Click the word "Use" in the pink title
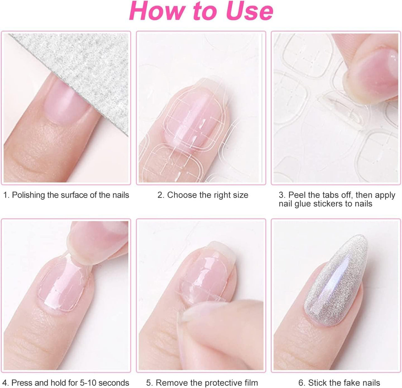pyautogui.click(x=250, y=11)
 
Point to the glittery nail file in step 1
pyautogui.click(x=83, y=72)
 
